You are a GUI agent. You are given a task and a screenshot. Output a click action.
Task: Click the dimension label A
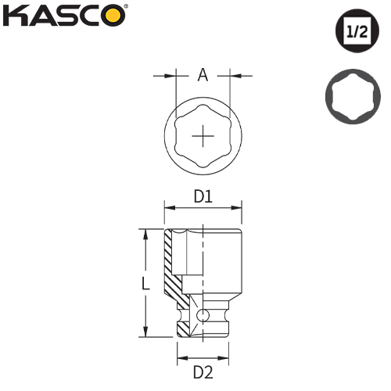[203, 75]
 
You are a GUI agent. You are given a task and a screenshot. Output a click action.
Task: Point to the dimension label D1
[203, 198]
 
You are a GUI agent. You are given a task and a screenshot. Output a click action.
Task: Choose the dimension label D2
[203, 371]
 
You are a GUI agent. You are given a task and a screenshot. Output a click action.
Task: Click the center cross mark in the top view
[203, 138]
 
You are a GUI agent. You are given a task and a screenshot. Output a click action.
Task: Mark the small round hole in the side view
[203, 315]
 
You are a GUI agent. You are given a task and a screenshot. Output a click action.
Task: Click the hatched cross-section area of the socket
[170, 270]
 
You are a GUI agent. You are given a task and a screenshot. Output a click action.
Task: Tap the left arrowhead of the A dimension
[173, 76]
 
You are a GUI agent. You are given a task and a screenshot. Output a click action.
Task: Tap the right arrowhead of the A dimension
[232, 76]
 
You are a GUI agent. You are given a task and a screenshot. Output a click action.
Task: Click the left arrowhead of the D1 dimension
[167, 208]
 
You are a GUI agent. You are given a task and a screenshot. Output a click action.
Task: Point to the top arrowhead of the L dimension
[145, 233]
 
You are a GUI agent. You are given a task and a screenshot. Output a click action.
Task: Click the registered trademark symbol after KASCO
[126, 7]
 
